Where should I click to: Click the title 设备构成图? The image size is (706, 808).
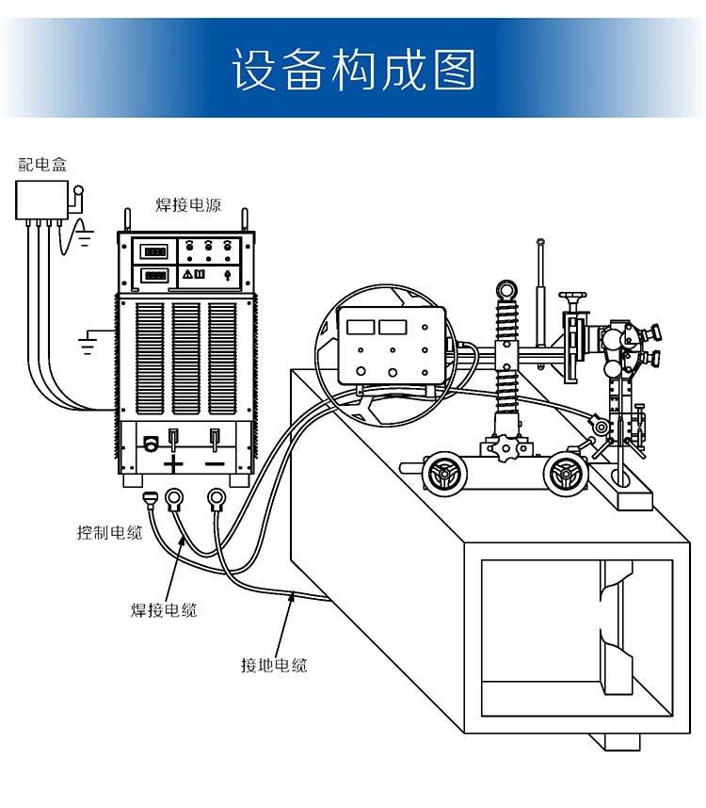point(353,70)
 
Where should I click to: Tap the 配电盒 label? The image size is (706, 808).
point(42,165)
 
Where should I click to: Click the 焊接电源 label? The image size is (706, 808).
point(188,204)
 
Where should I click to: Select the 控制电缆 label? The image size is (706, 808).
point(110,532)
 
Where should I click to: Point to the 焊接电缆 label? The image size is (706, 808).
point(164,610)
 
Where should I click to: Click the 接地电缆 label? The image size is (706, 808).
point(274,665)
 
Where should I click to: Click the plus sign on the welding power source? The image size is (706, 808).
point(173,463)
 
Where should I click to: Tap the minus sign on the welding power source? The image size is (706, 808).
point(215,463)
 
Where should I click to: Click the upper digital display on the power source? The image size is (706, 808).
point(155,251)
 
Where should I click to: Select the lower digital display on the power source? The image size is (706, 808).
point(155,275)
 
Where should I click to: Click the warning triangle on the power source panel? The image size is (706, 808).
point(187,274)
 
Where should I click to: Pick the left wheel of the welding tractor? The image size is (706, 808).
point(444,474)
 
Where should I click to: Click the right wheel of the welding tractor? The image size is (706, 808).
point(565,474)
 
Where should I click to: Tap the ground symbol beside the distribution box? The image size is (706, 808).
point(85,238)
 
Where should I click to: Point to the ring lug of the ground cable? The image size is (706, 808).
point(217,498)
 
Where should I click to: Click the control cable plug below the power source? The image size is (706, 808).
point(150,499)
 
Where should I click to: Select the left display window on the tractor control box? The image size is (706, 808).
point(361,327)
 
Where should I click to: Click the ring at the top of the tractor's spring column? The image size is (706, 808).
point(506,289)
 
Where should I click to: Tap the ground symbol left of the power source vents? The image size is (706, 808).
point(87,342)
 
